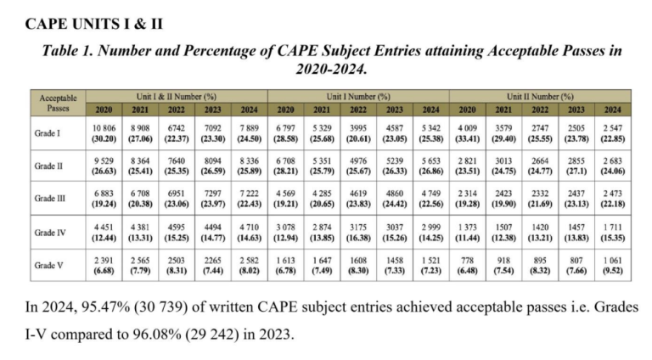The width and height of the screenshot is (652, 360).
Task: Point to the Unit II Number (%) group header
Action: point(541,97)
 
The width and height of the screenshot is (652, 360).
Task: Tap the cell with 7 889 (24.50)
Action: point(248,132)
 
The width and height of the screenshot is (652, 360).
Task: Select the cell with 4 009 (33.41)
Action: point(467,132)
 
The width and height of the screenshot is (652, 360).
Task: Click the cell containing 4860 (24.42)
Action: point(395,198)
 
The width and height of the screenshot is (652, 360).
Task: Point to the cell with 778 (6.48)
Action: point(467,264)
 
